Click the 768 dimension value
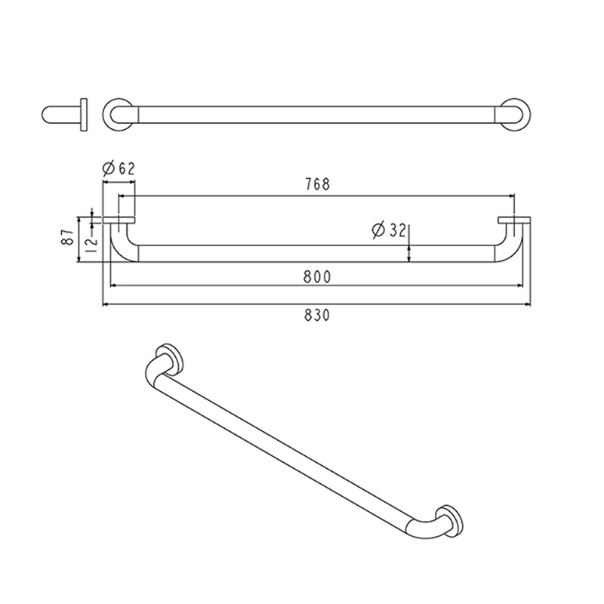(x=317, y=184)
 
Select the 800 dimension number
(x=317, y=276)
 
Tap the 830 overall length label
(x=317, y=315)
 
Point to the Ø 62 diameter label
(x=119, y=168)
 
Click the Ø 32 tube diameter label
(x=390, y=230)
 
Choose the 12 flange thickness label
(x=91, y=245)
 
